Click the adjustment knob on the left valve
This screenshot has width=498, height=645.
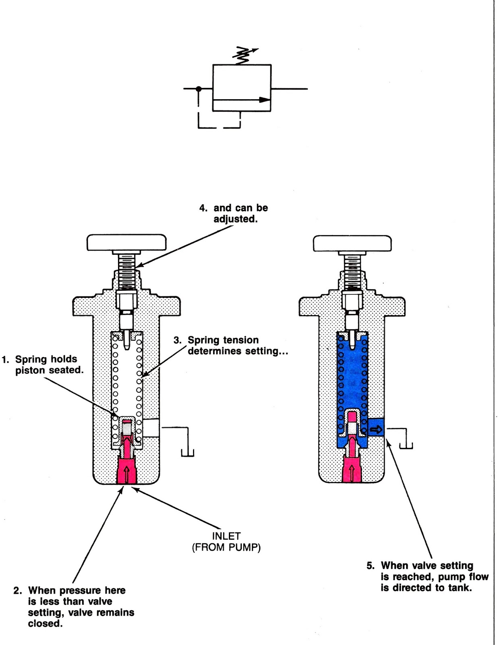click(127, 243)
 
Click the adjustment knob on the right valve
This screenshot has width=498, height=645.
click(353, 243)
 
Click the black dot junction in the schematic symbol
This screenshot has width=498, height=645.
click(198, 88)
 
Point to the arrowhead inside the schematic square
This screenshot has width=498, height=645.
click(264, 99)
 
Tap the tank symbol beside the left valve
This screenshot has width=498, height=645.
click(188, 453)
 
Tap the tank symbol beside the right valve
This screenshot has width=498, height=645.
click(406, 445)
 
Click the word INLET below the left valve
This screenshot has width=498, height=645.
click(226, 536)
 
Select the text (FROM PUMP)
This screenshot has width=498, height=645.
click(226, 547)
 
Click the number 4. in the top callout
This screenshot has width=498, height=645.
click(203, 208)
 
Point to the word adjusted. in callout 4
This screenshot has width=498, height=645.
click(235, 219)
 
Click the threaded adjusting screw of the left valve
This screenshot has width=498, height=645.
click(127, 270)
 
